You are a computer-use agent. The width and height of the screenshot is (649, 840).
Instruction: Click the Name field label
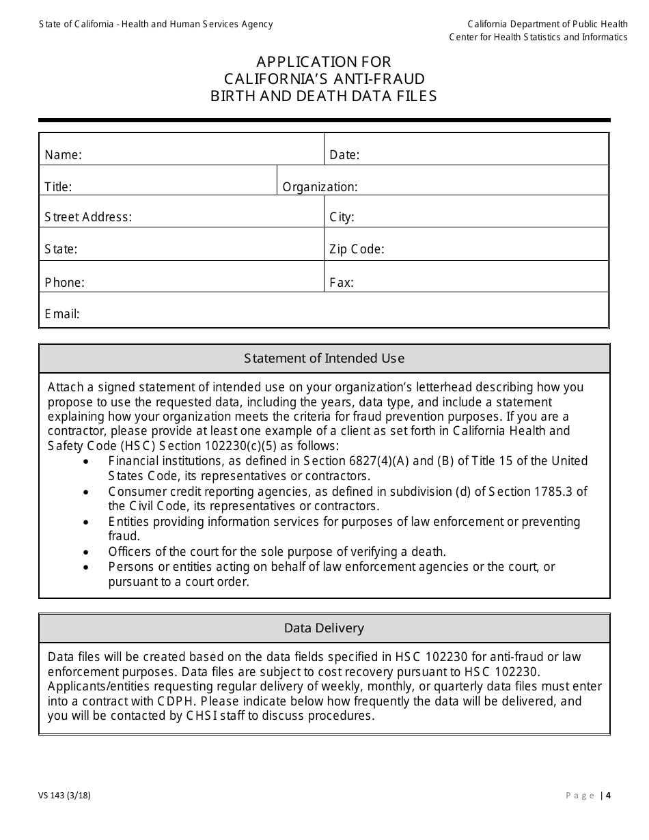(63, 155)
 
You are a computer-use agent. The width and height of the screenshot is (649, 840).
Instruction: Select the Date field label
(344, 155)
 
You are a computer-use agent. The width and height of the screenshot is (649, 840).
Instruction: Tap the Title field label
(58, 187)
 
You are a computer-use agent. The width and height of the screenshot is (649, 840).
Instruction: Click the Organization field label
(320, 187)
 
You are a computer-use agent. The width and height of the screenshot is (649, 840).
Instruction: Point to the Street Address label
(88, 218)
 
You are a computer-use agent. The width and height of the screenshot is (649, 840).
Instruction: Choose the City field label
(342, 218)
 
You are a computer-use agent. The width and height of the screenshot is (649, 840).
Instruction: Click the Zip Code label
(357, 250)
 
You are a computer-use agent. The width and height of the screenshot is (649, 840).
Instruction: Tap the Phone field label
(64, 283)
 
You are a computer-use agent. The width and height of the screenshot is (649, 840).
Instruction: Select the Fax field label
(341, 283)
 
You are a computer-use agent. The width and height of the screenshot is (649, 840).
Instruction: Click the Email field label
(62, 314)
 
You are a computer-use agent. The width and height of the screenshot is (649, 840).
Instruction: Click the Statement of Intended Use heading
(324, 359)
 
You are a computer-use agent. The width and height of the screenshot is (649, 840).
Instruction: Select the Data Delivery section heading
(324, 628)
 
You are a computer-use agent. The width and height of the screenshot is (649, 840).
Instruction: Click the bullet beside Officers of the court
(85, 552)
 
